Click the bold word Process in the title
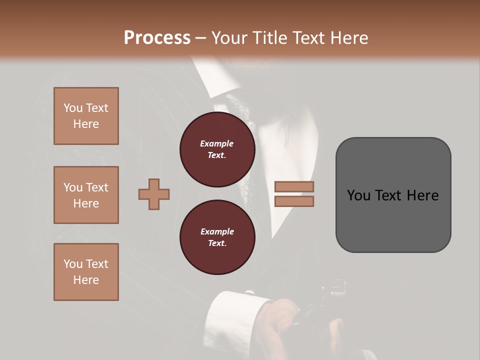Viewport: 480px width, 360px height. tap(157, 38)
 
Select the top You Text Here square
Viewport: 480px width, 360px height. tap(86, 116)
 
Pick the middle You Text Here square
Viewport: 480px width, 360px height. tap(86, 195)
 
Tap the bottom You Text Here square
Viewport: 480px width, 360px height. tap(86, 272)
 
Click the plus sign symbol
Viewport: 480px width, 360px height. tap(154, 194)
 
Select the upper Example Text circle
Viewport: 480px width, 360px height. tap(217, 149)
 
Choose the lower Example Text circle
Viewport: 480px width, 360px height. tap(217, 237)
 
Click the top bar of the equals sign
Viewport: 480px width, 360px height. tap(294, 187)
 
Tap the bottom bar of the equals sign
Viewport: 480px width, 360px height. tap(294, 201)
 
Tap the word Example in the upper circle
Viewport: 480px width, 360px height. tap(217, 144)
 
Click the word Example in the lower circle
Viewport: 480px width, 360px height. tap(217, 231)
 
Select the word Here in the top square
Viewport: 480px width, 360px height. tap(86, 124)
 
